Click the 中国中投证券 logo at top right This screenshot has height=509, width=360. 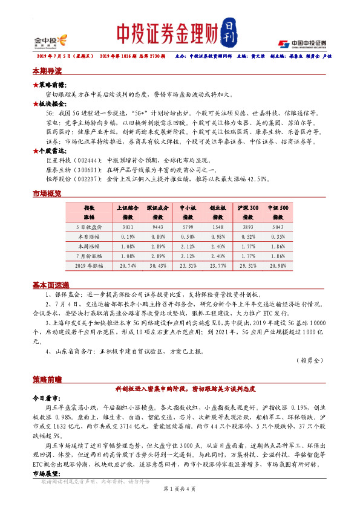303,44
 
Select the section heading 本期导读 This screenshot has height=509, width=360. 47,71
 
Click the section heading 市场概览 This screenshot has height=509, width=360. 47,193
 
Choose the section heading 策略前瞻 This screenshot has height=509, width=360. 47,378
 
